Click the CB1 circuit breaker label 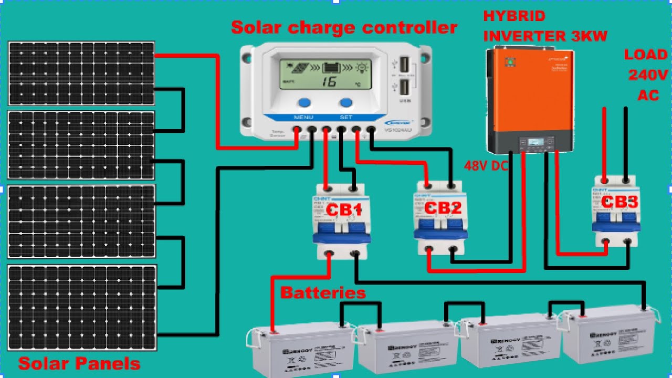pos(344,210)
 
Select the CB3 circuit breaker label pos(619,202)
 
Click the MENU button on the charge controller pos(304,103)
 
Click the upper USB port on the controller pos(404,65)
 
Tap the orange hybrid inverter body pos(530,94)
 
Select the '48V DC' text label pos(486,166)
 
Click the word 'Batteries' pos(323,292)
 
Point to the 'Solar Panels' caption pos(79,364)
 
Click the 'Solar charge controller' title pos(344,27)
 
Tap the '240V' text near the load pos(648,75)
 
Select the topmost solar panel pos(81,73)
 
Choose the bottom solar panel pos(82,308)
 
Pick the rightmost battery pos(609,336)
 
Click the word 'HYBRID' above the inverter pos(514,16)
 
